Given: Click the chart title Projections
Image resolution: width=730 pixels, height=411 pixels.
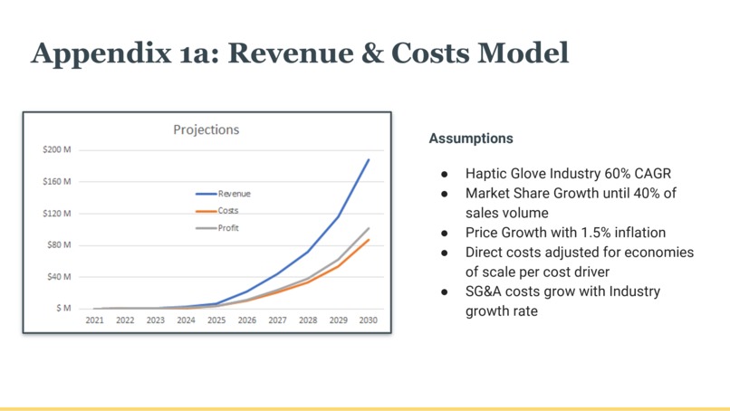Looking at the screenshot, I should pos(207,129).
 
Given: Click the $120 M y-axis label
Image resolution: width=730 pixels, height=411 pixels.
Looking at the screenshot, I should pos(57,214).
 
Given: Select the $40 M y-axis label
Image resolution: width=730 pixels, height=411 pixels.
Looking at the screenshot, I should pos(59,277).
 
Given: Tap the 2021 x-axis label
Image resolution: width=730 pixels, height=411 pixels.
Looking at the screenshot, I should pos(94,320).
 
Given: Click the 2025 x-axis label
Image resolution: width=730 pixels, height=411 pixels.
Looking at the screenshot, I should pos(216,320).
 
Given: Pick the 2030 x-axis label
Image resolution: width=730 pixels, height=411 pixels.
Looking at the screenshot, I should pos(369,320).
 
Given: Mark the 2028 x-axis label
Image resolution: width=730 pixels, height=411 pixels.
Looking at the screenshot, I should pos(308,320).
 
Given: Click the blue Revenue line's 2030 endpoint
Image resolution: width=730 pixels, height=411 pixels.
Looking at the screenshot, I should pos(369,160).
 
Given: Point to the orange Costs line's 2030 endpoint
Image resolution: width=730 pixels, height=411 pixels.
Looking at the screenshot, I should pos(369,240).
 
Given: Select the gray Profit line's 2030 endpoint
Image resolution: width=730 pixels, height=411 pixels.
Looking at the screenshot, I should pos(369,228).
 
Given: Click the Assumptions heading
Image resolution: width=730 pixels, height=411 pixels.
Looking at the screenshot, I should pos(471,139).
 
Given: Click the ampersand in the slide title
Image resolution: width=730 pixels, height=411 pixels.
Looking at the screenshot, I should pos(372,53).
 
